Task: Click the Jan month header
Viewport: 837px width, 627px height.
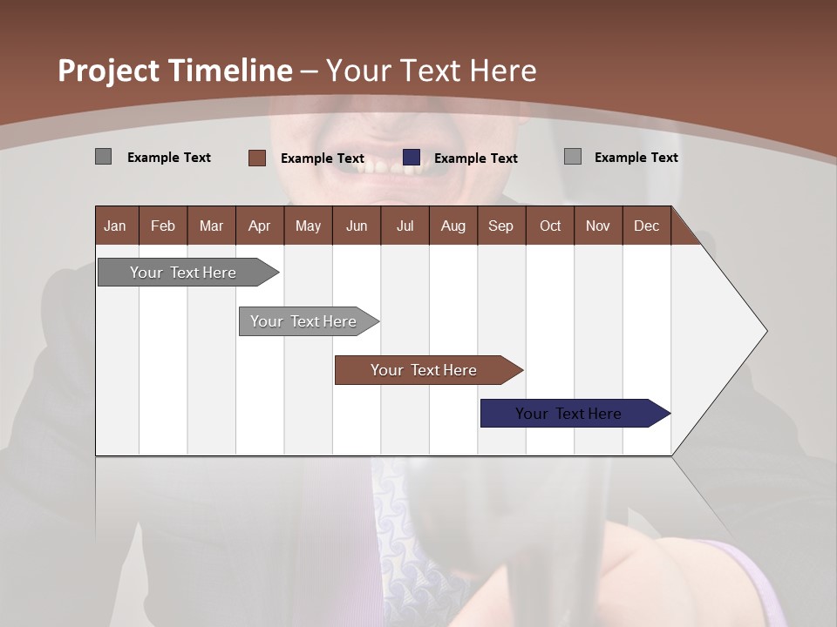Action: pyautogui.click(x=115, y=226)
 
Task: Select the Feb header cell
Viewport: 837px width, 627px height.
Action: pyautogui.click(x=163, y=226)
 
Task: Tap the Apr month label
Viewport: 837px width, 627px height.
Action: pyautogui.click(x=259, y=226)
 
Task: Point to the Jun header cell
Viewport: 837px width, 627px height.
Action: pyautogui.click(x=356, y=226)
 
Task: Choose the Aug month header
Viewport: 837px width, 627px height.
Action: pyautogui.click(x=453, y=226)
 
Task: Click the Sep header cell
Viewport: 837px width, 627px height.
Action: pyautogui.click(x=500, y=226)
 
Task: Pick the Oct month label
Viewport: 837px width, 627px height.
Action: pyautogui.click(x=550, y=226)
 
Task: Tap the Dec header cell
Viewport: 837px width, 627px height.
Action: pyautogui.click(x=646, y=226)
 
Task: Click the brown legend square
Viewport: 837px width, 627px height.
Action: pyautogui.click(x=256, y=158)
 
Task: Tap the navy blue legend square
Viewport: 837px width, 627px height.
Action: pyautogui.click(x=412, y=158)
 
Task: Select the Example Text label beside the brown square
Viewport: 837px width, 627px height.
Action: pyautogui.click(x=322, y=158)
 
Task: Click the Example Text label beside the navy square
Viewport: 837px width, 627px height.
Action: pyautogui.click(x=475, y=158)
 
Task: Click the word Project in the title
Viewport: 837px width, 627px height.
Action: pyautogui.click(x=110, y=71)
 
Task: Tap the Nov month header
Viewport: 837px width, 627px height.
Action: pyautogui.click(x=597, y=226)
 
